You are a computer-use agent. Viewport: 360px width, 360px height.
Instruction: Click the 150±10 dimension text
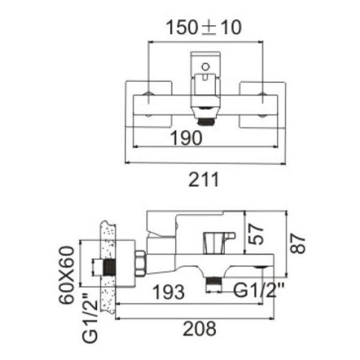click(x=204, y=28)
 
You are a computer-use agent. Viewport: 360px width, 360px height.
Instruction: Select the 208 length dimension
click(x=200, y=328)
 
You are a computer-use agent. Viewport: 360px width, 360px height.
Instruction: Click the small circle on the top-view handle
click(x=205, y=66)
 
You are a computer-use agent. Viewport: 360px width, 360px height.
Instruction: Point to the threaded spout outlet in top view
click(x=206, y=119)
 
